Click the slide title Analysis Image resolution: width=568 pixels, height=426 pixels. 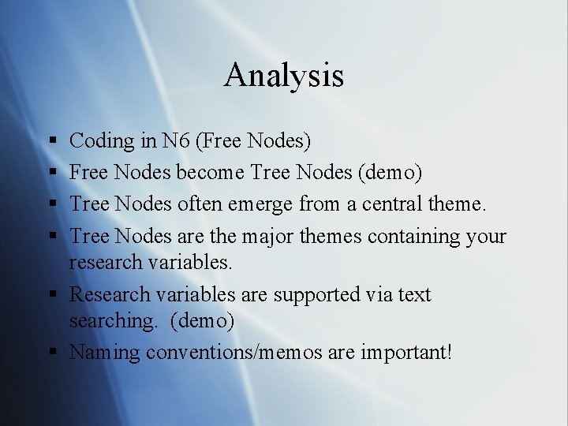[284, 76]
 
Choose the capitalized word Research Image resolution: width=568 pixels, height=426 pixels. [110, 294]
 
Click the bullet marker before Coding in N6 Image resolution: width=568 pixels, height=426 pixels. [51, 142]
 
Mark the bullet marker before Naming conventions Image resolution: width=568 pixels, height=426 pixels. [51, 353]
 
